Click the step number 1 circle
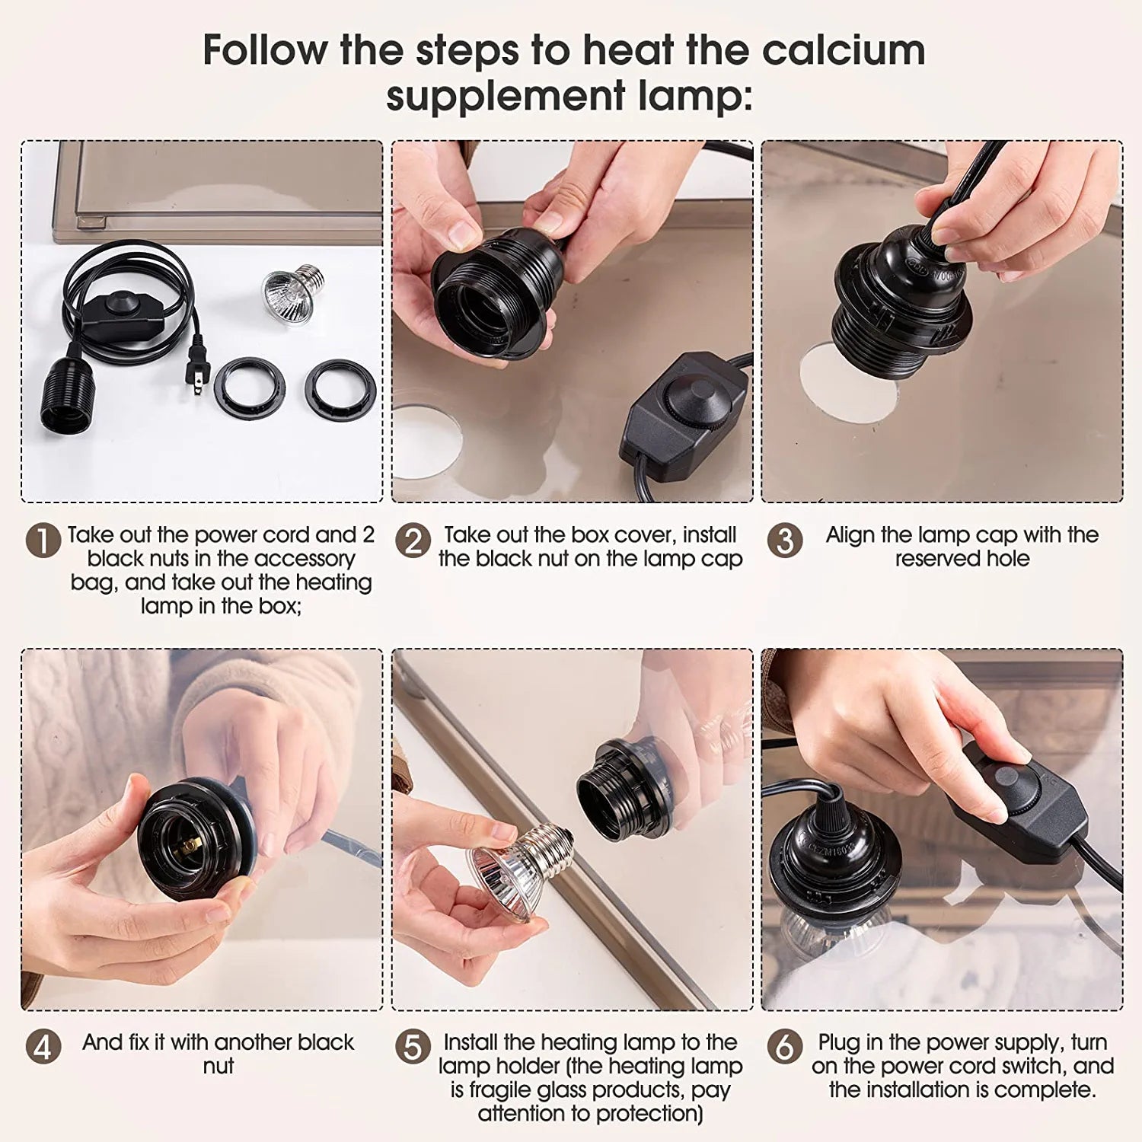[43, 541]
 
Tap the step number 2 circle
[413, 541]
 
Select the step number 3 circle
[784, 541]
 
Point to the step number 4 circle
[43, 1047]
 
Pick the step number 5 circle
[413, 1047]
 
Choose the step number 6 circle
[784, 1047]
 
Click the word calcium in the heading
[844, 50]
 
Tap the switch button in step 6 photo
[1006, 777]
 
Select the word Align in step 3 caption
[850, 534]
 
